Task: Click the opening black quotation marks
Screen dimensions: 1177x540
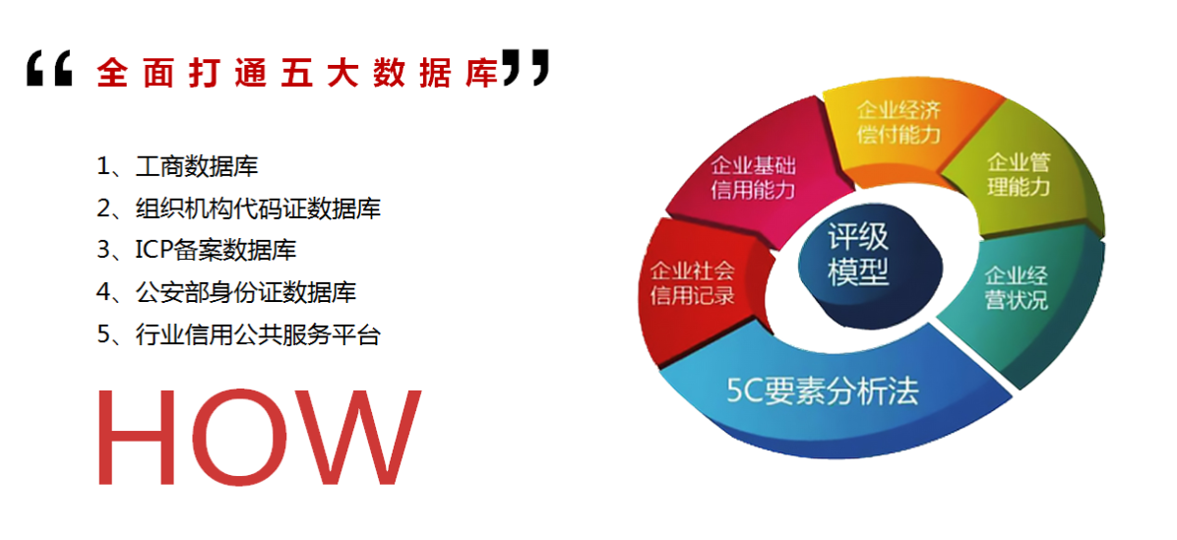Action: [49, 69]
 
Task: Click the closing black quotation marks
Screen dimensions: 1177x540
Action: [526, 68]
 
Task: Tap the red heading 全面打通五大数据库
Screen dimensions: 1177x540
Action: [298, 73]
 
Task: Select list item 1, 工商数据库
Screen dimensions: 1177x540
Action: [177, 166]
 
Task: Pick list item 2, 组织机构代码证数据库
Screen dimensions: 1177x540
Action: [239, 208]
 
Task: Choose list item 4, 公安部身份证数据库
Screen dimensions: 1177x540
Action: [226, 292]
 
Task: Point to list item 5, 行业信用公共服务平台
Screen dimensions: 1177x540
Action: [239, 333]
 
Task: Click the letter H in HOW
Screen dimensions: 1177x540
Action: [139, 438]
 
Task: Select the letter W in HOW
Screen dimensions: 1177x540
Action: [359, 438]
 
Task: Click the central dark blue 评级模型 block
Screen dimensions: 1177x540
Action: [858, 266]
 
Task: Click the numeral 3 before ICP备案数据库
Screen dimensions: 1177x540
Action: [103, 251]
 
